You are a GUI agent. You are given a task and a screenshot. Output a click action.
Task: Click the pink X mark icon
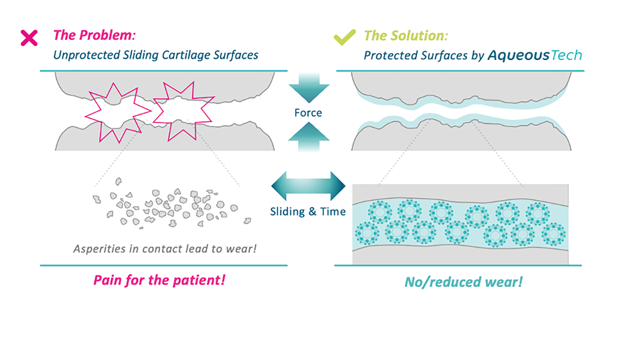[x=29, y=38]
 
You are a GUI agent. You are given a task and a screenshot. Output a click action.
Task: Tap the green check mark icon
[x=344, y=37]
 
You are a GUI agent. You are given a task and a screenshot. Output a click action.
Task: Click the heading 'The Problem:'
[x=94, y=35]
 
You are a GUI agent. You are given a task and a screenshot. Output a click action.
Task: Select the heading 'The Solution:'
[x=406, y=36]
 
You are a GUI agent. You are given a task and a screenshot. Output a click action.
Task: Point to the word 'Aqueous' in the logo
[x=518, y=55]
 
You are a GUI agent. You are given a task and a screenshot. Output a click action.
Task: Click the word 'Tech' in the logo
[x=566, y=55]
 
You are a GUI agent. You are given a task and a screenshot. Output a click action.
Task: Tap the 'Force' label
[x=308, y=113]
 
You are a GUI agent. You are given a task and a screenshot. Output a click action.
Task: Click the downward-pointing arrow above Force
[x=309, y=88]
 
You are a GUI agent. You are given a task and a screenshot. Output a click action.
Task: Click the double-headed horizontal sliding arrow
[x=308, y=186]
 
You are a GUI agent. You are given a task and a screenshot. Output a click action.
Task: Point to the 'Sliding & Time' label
[x=308, y=212]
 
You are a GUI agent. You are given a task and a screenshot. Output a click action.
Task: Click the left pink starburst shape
[x=116, y=111]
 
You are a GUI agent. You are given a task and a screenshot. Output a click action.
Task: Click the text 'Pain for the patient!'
[x=159, y=280]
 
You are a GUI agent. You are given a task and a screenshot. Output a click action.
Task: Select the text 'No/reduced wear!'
[x=463, y=282]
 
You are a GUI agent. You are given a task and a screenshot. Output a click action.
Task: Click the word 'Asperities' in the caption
[x=99, y=249]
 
